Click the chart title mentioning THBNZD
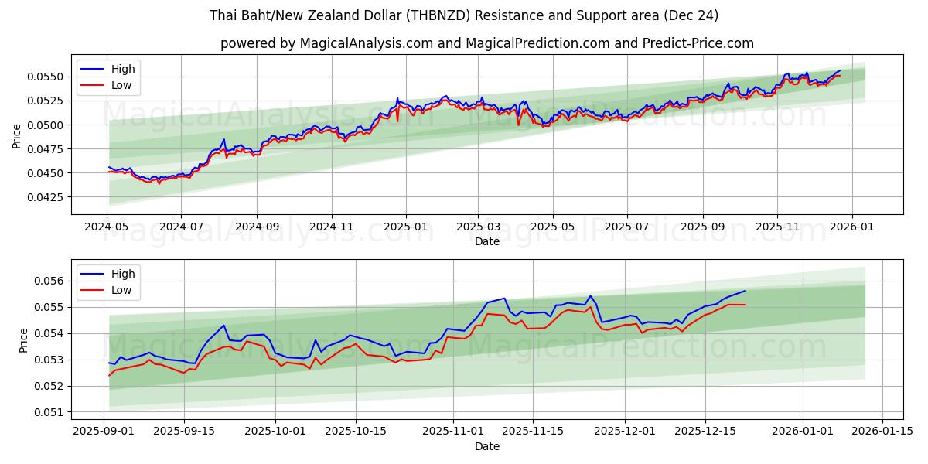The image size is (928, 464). point(464,15)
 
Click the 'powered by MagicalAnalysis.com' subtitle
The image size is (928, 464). point(487,43)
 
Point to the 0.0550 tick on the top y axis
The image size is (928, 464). point(48,77)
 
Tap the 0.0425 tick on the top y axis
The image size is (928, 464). point(48,197)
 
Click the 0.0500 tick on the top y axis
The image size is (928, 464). point(48,125)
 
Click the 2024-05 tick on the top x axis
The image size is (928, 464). point(107,227)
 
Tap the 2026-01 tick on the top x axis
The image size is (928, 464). point(852,227)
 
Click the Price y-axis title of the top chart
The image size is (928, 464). point(17,135)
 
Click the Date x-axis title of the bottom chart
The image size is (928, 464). point(487,446)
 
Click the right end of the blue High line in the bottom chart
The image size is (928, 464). point(745,291)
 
